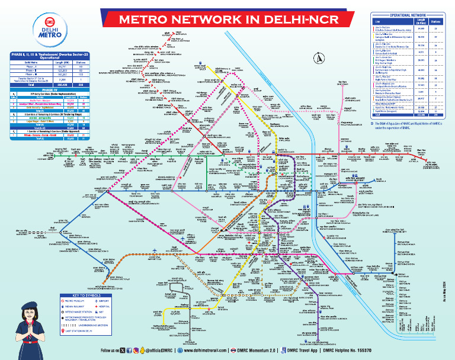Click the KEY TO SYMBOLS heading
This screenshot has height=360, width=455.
(x=88, y=295)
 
